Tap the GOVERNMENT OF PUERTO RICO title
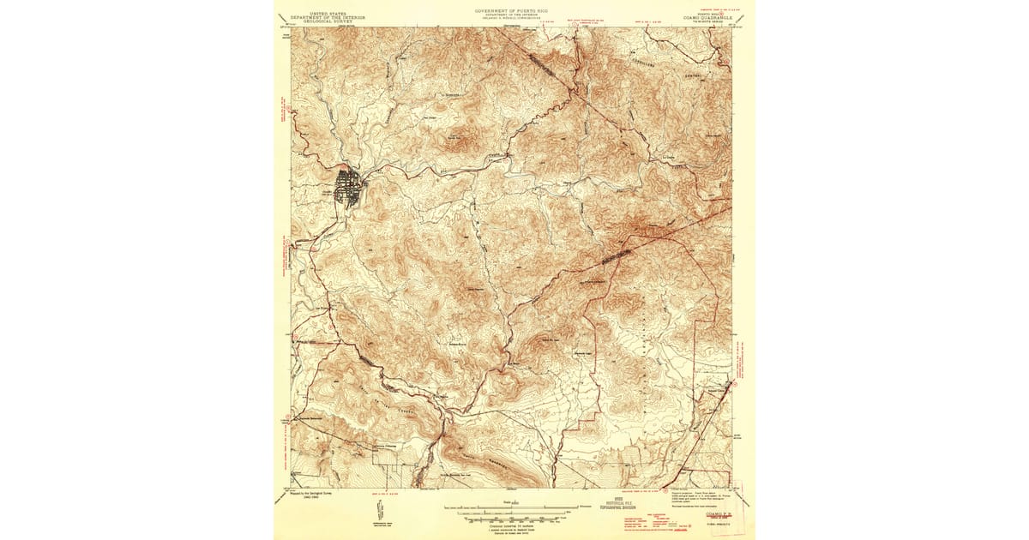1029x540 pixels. click(x=514, y=12)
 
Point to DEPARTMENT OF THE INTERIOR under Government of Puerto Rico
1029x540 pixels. click(x=514, y=16)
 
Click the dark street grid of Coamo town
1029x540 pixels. click(x=349, y=188)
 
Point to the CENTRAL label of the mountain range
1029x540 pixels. click(x=693, y=75)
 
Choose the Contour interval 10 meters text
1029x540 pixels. click(x=514, y=524)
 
